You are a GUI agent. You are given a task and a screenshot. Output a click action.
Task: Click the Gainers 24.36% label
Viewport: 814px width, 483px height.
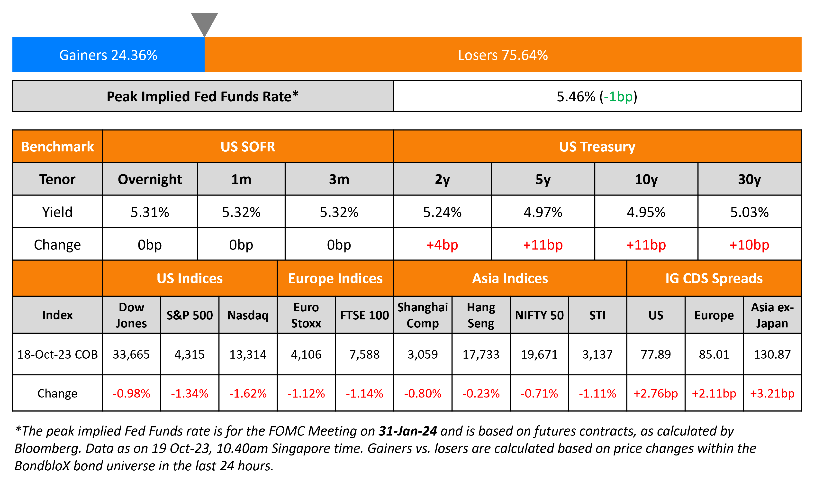(108, 55)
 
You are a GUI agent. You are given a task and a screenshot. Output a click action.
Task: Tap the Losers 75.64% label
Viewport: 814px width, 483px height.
(503, 55)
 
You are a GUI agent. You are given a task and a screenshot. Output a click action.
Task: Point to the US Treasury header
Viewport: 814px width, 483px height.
(597, 147)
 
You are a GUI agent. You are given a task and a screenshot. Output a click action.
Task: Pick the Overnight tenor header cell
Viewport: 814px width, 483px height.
(150, 179)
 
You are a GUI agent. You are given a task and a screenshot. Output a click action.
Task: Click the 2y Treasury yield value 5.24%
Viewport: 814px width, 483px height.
(442, 212)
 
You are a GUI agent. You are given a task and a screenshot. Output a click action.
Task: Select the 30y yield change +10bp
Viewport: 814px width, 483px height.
(749, 245)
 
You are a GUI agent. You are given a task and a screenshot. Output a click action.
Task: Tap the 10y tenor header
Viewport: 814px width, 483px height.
(646, 179)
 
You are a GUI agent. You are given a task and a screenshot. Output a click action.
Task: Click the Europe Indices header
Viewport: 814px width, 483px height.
(335, 279)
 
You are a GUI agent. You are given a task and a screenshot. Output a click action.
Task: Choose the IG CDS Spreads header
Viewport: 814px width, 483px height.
(714, 279)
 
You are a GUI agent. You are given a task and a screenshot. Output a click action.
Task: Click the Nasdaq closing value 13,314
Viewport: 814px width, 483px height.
(248, 354)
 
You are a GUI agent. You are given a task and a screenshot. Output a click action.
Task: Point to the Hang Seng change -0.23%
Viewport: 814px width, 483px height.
(481, 393)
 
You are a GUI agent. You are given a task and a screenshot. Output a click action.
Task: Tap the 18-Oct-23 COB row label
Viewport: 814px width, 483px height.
(57, 354)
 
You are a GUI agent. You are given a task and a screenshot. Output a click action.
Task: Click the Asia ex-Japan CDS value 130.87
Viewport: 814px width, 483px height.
(772, 354)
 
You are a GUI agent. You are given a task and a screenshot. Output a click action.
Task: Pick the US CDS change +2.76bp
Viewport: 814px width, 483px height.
(655, 393)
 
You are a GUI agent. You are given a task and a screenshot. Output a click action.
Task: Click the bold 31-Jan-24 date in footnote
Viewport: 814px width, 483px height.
(407, 431)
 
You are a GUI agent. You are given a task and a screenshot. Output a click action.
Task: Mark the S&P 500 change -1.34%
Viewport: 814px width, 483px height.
(190, 393)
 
